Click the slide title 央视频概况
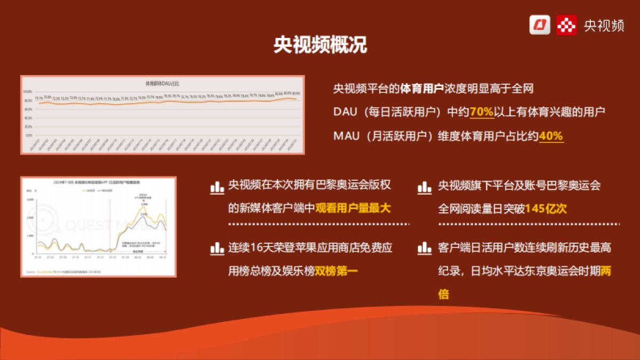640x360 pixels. [320, 45]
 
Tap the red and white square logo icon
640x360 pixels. [566, 25]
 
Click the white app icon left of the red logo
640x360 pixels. [540, 25]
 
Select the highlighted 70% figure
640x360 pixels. [482, 112]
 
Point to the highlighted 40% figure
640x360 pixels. [551, 136]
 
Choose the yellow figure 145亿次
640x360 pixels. [546, 209]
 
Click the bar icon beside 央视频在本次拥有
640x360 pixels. [217, 187]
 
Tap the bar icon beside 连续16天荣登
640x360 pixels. [217, 248]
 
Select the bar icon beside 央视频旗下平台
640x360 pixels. [425, 187]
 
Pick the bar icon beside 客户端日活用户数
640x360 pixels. [425, 248]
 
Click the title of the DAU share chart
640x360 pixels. [163, 83]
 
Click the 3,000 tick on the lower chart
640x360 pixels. [30, 199]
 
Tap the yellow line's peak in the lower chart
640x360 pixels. [143, 207]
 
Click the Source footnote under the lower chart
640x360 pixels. [64, 272]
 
